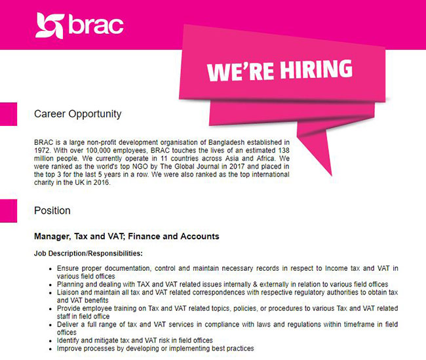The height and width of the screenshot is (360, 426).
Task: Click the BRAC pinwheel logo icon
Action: click(50, 26)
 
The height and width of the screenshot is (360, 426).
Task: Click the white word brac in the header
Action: click(96, 24)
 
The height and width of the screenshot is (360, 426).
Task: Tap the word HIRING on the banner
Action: click(317, 69)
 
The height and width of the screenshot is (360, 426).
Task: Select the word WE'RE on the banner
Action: click(240, 71)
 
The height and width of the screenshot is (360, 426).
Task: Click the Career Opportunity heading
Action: click(78, 114)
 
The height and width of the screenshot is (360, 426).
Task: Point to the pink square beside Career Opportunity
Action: click(9, 114)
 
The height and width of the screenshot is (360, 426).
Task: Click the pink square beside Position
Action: click(9, 210)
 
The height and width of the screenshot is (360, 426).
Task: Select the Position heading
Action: click(52, 210)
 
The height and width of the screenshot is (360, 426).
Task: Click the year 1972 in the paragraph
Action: click(42, 150)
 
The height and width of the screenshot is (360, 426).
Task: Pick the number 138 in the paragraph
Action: click(284, 150)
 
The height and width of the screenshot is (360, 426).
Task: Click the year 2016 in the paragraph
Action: click(102, 182)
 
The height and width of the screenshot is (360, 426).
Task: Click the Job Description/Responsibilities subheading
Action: click(88, 253)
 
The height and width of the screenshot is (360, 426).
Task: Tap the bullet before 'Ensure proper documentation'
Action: click(50, 269)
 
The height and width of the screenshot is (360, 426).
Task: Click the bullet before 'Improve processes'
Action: click(50, 349)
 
